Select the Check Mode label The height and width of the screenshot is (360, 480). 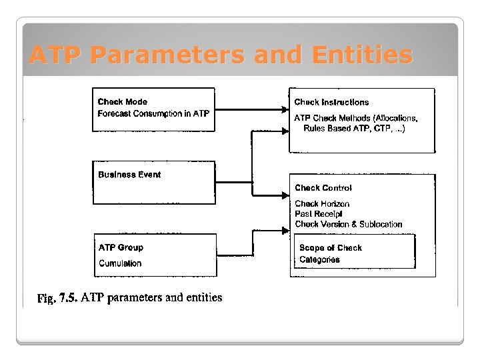(123, 102)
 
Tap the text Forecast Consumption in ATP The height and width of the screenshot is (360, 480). (153, 113)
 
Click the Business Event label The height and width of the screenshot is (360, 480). (129, 175)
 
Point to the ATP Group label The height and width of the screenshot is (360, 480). (121, 247)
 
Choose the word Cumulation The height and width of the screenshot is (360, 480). (120, 263)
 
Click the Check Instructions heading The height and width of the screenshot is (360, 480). (331, 102)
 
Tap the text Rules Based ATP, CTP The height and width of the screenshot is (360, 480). (346, 128)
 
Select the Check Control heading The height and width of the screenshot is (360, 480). (323, 188)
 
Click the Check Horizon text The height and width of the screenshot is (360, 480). (322, 204)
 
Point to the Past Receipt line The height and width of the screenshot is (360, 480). (319, 214)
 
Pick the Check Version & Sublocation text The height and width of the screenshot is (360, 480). (349, 225)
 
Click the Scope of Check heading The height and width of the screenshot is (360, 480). (331, 247)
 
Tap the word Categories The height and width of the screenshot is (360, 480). (319, 259)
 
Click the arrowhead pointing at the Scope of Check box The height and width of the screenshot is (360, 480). (285, 231)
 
